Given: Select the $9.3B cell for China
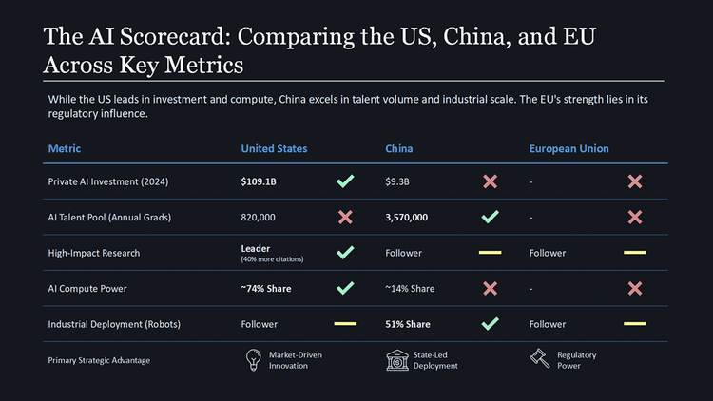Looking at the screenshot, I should [397, 181].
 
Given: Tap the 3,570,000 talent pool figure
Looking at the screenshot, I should [406, 218].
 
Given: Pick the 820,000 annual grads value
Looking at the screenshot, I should [259, 218].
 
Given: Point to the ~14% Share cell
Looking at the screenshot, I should [410, 288].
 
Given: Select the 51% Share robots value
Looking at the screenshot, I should [407, 324].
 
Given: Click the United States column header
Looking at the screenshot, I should [274, 149].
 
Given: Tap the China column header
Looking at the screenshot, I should [398, 149].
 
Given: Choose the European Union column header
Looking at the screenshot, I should [568, 149].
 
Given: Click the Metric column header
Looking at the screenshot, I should [64, 149].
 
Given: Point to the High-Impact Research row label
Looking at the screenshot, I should [93, 253].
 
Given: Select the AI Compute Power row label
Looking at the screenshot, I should [87, 288].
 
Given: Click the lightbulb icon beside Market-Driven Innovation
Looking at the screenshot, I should [254, 360].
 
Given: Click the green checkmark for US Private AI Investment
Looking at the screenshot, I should [345, 181].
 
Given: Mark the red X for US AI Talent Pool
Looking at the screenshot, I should [345, 218].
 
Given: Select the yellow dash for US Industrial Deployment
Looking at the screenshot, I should [345, 324].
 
